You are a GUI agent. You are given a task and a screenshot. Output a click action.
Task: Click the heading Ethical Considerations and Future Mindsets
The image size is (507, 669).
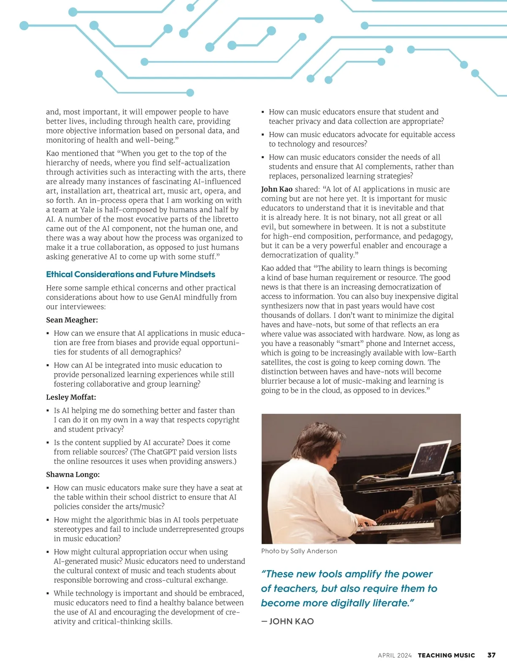(131, 274)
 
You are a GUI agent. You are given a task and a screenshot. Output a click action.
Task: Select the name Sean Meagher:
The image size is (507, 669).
(72, 320)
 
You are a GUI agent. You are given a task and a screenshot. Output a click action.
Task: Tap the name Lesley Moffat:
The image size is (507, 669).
(71, 397)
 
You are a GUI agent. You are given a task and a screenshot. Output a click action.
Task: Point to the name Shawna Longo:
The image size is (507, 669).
(73, 474)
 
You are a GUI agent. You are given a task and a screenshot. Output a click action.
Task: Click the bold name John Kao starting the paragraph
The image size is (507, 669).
(277, 189)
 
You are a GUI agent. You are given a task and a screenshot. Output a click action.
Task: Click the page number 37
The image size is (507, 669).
(491, 655)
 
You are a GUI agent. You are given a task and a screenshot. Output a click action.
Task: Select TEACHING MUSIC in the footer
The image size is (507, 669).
(446, 655)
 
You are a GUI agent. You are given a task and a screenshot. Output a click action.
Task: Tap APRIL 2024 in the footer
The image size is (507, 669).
(395, 655)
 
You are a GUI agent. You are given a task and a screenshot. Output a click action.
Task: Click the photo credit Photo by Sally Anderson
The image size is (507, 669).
(299, 551)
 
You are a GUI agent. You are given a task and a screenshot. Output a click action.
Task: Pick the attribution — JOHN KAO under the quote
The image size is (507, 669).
(288, 621)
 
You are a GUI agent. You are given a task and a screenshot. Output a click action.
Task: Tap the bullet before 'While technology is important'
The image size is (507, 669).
(48, 594)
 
